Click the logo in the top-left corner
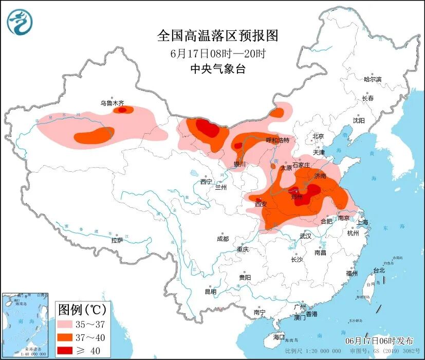(20, 21)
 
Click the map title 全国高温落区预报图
(217, 35)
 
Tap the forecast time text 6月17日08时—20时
(217, 53)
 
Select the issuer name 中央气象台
(217, 69)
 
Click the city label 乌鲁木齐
(112, 103)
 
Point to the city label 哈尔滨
(373, 79)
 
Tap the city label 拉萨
(117, 240)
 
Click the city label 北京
(318, 136)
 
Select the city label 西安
(261, 204)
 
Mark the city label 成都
(223, 239)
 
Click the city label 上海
(363, 222)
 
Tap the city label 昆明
(211, 292)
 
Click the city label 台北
(379, 270)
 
